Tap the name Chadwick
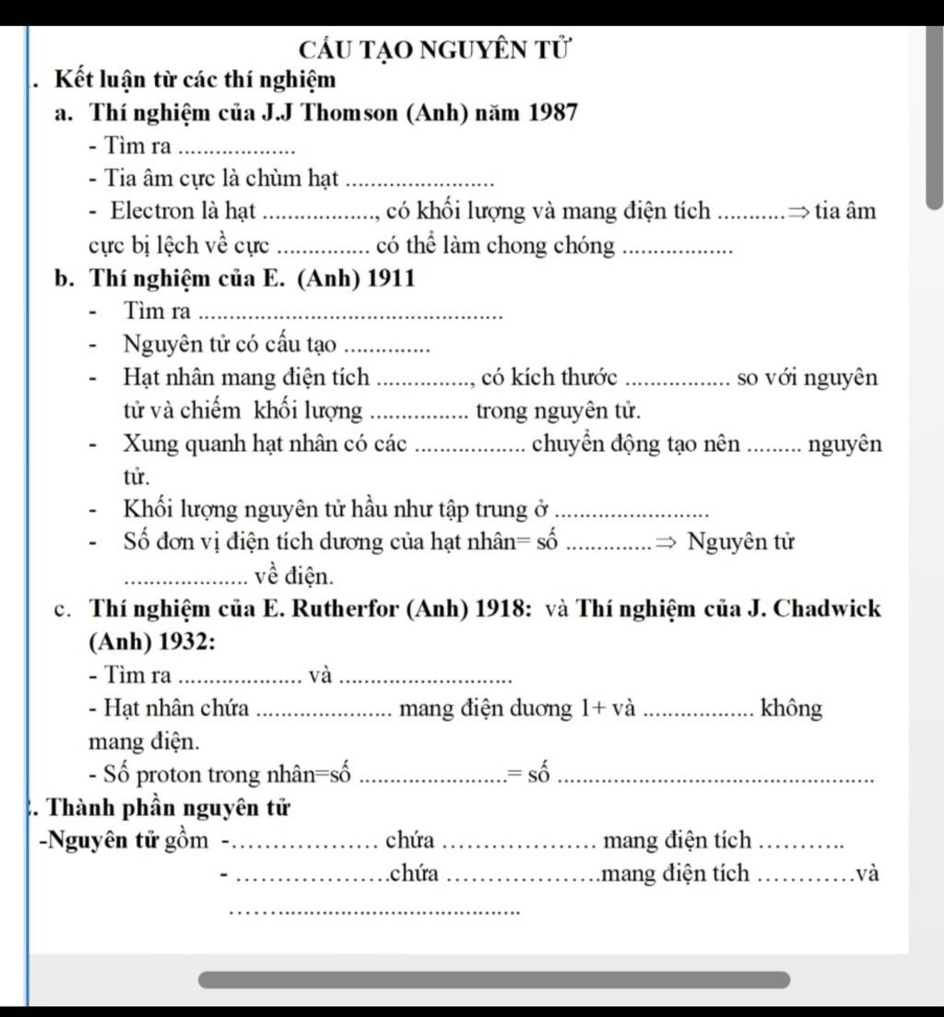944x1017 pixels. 824,609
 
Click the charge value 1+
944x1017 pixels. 592,709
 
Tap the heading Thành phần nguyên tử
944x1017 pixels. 166,809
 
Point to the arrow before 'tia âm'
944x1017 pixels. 798,212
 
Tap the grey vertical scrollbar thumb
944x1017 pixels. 935,114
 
